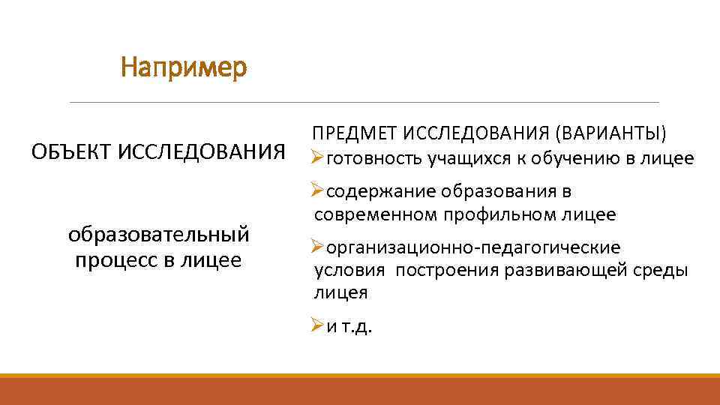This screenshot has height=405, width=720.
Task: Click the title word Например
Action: pyautogui.click(x=184, y=69)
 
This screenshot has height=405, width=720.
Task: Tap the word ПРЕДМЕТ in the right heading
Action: pyautogui.click(x=355, y=133)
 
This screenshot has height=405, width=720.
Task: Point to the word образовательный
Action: pyautogui.click(x=158, y=235)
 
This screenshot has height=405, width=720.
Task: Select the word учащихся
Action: pyautogui.click(x=464, y=159)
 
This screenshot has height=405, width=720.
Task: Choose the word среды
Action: pyautogui.click(x=661, y=270)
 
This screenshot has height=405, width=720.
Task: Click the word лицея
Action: pyautogui.click(x=340, y=293)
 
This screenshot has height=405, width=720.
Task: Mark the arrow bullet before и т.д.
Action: pyautogui.click(x=318, y=326)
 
